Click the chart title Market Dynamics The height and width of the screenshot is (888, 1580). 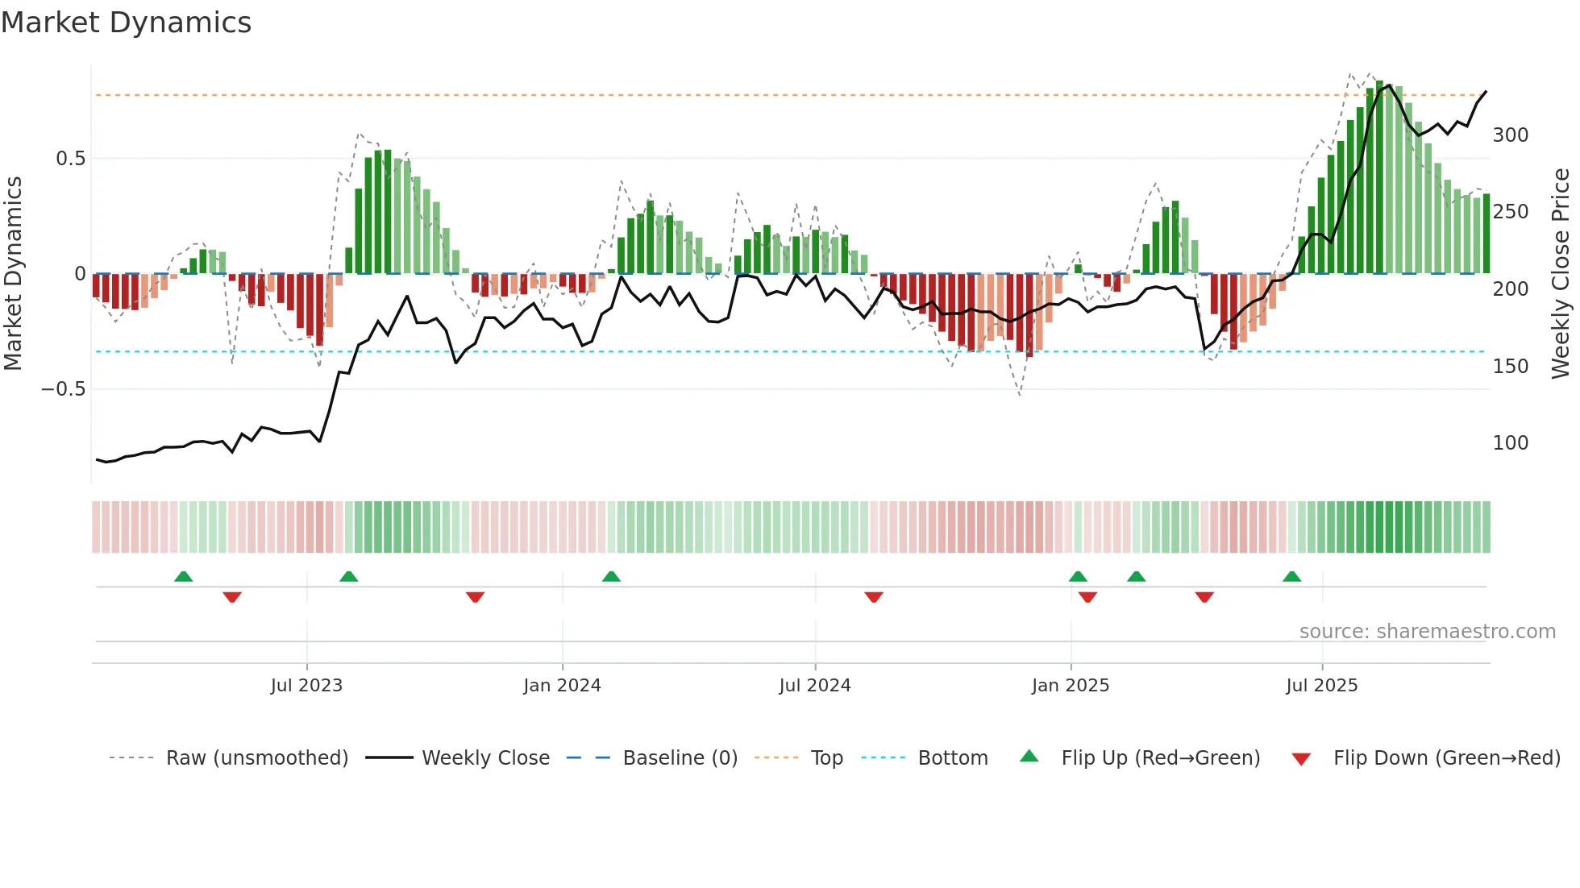click(x=126, y=23)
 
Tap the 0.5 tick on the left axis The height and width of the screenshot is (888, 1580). click(x=70, y=159)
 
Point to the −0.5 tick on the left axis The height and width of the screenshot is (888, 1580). click(x=63, y=389)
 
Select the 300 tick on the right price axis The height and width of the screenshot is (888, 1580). click(x=1510, y=135)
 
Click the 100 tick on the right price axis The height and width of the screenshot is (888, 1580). click(x=1510, y=443)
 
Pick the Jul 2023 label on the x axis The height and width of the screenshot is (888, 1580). click(x=306, y=686)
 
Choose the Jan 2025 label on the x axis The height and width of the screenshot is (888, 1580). click(x=1070, y=686)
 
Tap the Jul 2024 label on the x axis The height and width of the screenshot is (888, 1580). click(x=814, y=686)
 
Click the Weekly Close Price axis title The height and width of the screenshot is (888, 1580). click(x=1561, y=274)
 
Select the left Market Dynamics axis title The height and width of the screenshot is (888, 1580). click(x=13, y=274)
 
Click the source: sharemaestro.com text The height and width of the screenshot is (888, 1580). click(x=1427, y=632)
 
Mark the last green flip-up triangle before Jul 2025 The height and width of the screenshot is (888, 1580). click(x=1291, y=577)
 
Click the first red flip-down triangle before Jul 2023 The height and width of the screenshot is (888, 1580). click(x=232, y=597)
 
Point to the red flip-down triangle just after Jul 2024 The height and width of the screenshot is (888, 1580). click(x=874, y=597)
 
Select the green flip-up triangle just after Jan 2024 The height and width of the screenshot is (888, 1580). click(x=611, y=577)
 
